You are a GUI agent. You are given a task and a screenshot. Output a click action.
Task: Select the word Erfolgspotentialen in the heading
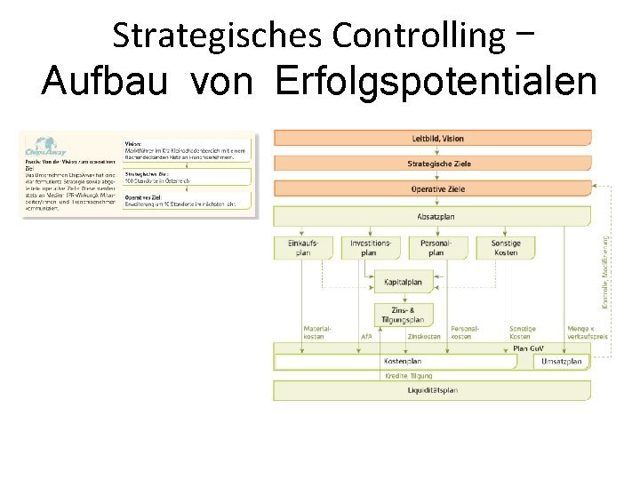tap(436, 82)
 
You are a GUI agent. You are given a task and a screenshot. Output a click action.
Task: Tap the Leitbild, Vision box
tap(432, 139)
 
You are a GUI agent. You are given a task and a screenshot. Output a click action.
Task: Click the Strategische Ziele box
tap(432, 164)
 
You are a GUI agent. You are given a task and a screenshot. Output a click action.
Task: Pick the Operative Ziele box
tap(432, 189)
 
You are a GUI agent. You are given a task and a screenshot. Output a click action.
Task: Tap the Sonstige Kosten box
tap(505, 247)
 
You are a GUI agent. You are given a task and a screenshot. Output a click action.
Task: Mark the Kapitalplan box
tap(403, 282)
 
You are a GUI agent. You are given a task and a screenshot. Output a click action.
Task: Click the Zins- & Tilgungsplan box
tap(403, 314)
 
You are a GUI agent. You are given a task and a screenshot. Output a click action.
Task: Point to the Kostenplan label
tap(402, 362)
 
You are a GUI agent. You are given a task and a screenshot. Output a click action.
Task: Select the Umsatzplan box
tap(562, 362)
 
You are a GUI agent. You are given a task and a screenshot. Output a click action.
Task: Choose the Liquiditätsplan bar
tap(432, 390)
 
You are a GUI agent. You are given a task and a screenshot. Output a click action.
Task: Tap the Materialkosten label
tap(318, 332)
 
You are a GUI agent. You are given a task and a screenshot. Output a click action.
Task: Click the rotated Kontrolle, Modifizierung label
tap(605, 270)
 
